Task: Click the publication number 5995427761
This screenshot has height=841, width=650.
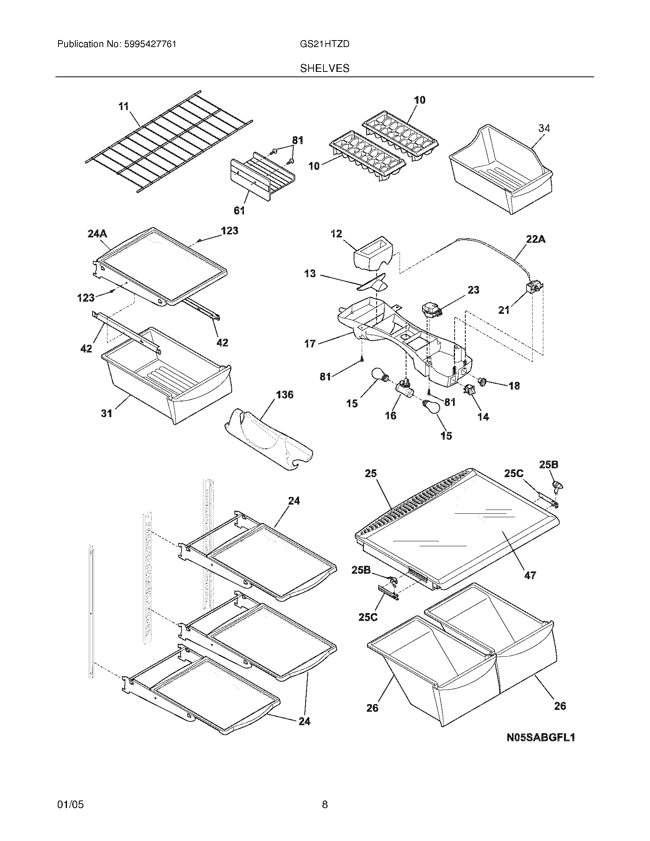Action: [x=150, y=44]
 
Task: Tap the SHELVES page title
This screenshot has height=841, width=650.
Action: [x=325, y=68]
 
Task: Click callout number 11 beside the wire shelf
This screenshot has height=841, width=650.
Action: [x=123, y=106]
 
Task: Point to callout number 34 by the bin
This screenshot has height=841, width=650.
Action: [x=544, y=128]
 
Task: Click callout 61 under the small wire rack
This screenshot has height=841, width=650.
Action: [x=239, y=210]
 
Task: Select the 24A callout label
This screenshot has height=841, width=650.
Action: [x=97, y=234]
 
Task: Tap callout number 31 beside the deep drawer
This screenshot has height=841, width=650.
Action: [x=107, y=413]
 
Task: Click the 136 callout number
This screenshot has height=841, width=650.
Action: [x=284, y=395]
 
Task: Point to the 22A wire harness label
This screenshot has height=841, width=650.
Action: [x=536, y=239]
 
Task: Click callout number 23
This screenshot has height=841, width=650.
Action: [x=473, y=290]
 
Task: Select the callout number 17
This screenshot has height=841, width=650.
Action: [x=310, y=344]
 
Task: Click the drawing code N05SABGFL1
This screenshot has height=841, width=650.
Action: [x=541, y=737]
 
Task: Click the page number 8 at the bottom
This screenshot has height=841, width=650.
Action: [x=325, y=804]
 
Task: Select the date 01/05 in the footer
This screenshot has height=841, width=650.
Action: [x=70, y=804]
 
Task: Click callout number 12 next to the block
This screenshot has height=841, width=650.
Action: [x=336, y=234]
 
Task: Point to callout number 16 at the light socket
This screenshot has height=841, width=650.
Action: [x=390, y=416]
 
